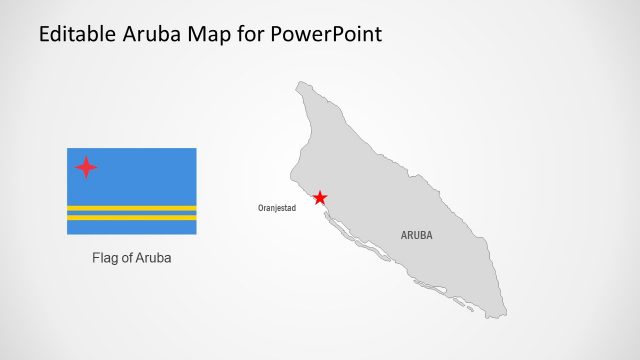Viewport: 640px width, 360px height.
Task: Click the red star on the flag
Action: [x=86, y=167]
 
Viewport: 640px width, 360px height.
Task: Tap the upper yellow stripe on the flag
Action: [x=131, y=208]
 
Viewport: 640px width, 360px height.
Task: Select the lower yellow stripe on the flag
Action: [x=131, y=217]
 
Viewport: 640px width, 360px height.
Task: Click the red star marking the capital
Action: [x=319, y=198]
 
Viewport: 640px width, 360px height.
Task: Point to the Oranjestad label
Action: [x=277, y=208]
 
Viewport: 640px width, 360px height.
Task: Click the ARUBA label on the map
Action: [x=417, y=236]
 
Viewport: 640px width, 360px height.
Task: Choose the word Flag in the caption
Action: [x=105, y=258]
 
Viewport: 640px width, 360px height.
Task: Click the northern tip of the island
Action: [x=299, y=84]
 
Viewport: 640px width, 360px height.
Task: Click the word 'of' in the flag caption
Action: [x=128, y=258]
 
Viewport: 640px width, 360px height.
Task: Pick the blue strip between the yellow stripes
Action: [x=131, y=213]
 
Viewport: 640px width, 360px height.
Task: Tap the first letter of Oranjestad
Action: [x=260, y=208]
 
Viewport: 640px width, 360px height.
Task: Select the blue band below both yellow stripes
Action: [x=131, y=227]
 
